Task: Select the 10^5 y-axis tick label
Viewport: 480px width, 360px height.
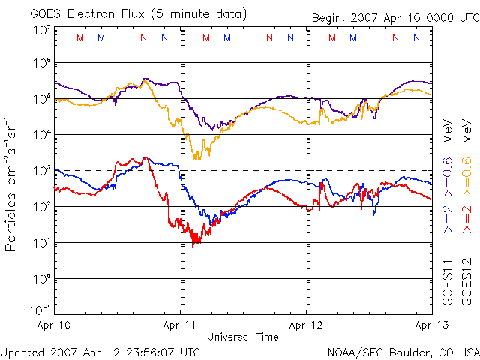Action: coord(42,98)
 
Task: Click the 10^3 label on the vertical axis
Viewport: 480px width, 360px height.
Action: coord(42,170)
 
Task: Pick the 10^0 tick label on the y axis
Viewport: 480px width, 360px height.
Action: coord(42,278)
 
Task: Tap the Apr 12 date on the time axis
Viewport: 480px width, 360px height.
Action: coord(306,326)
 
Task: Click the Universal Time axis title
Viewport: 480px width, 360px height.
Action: coord(243,337)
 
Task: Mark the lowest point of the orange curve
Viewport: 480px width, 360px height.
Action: coord(196,159)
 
